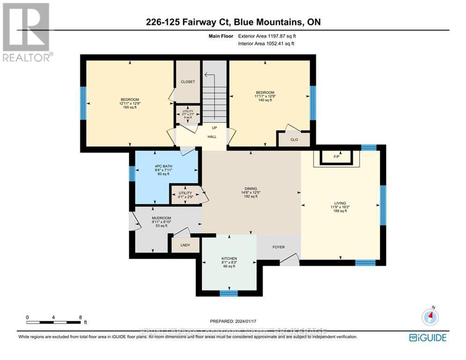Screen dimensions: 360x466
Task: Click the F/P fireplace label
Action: [x=336, y=157]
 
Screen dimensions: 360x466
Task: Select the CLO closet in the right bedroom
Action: [x=294, y=139]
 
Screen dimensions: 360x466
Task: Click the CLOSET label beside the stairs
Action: [x=187, y=82]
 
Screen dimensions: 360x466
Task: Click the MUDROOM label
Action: [x=161, y=218]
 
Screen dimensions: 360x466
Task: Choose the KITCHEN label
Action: [x=229, y=259]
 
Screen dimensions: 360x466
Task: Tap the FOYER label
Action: [x=279, y=247]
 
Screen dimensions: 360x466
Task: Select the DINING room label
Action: [x=251, y=189]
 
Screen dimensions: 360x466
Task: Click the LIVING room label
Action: [x=340, y=203]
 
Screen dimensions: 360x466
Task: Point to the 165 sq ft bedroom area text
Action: [x=130, y=107]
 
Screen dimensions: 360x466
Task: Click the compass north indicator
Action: [x=429, y=317]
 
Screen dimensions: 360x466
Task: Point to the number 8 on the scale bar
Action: [x=81, y=317]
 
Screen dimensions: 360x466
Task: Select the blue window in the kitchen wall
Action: [x=229, y=293]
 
